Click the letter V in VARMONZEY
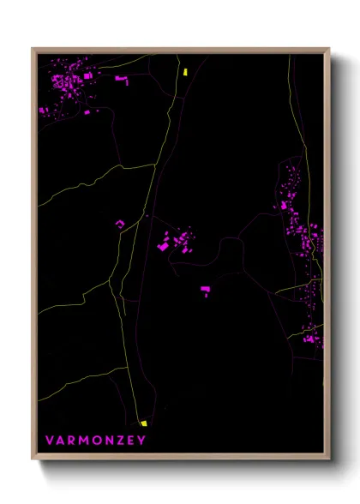point(50,441)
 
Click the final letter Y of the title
point(143,441)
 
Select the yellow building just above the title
point(144,423)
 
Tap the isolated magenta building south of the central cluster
point(206,292)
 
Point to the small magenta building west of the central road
point(120,225)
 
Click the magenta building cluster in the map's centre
point(176,240)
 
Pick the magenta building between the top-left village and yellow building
point(121,80)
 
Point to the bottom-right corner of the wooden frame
point(328,459)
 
